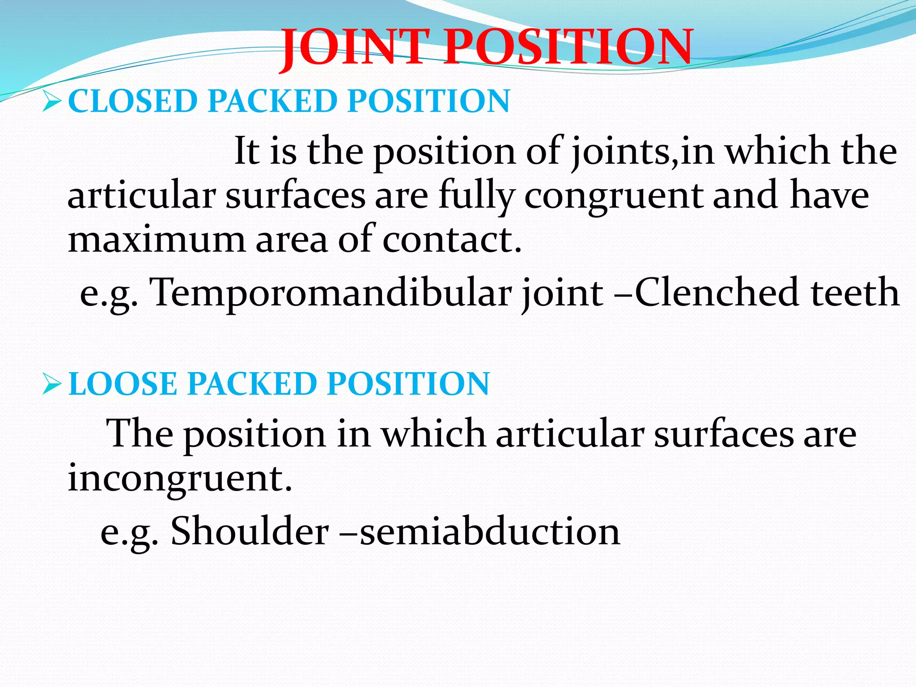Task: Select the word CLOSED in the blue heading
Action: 132,101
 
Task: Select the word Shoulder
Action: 250,531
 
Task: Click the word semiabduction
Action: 490,531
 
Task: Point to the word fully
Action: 476,197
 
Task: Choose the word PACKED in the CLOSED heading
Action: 272,101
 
